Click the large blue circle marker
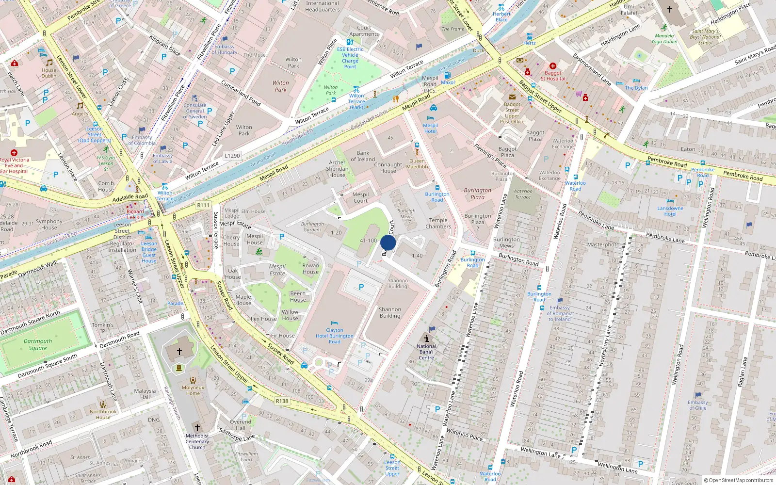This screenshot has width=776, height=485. [388, 242]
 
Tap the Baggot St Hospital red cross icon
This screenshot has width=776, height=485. [552, 66]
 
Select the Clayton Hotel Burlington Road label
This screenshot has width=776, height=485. [334, 336]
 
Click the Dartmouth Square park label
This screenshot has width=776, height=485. [38, 344]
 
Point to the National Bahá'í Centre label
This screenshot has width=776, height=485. [426, 352]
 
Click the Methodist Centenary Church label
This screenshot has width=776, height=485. [197, 441]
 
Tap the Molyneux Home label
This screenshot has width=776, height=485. [193, 390]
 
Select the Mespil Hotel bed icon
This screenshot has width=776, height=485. [430, 118]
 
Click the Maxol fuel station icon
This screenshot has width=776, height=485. [447, 75]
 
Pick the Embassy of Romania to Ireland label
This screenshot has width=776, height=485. [560, 313]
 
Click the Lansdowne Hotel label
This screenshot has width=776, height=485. [670, 211]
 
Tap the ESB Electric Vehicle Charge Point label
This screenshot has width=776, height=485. [350, 58]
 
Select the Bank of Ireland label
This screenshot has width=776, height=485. [363, 156]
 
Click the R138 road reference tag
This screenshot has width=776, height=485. [282, 401]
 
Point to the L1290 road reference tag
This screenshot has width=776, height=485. [232, 156]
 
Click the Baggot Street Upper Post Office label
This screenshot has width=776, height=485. [512, 113]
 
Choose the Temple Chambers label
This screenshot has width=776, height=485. [438, 223]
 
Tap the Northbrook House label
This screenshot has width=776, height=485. [103, 414]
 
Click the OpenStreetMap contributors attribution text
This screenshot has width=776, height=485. [738, 480]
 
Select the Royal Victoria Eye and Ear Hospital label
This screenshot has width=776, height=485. [14, 165]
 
